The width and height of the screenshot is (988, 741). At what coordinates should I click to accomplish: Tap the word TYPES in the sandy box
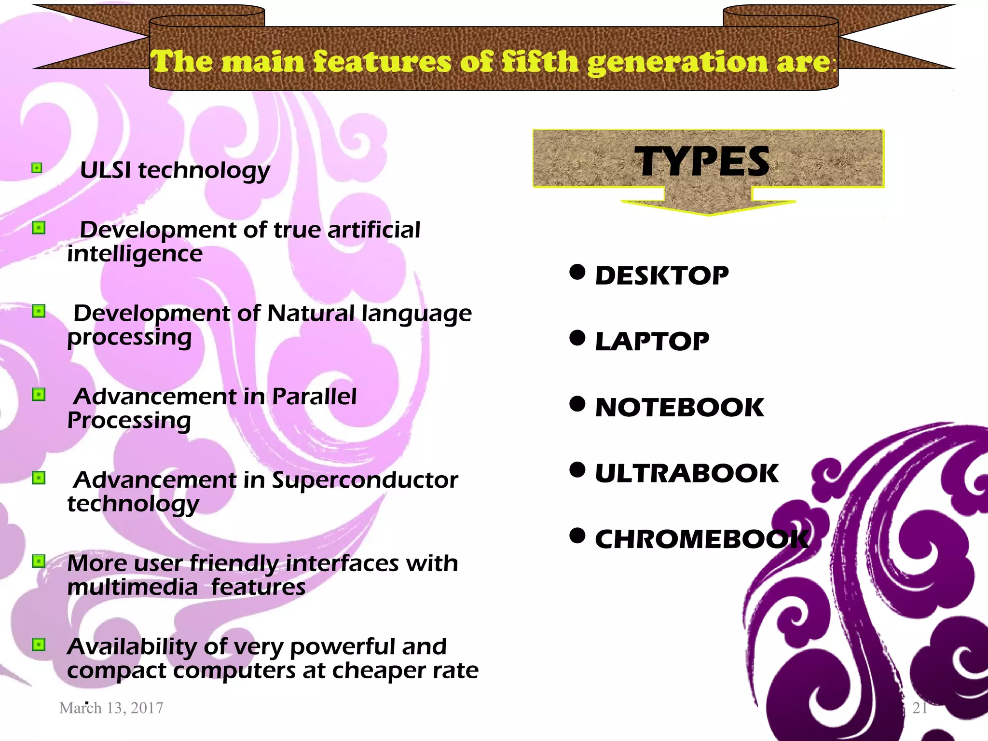point(702,162)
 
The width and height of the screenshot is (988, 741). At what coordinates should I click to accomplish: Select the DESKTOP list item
point(662,276)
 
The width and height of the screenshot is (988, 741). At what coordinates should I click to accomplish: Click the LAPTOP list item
point(652,342)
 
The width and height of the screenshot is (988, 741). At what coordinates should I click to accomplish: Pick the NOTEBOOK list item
point(679,408)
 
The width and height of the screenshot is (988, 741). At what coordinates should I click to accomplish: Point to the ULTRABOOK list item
point(686,473)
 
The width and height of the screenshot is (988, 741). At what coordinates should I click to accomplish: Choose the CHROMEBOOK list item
point(701,539)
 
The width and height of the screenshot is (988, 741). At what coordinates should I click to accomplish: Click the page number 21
point(920,708)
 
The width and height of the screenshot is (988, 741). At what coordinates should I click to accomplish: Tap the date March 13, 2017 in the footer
point(111,708)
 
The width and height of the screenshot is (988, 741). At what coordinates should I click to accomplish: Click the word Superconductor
point(365,480)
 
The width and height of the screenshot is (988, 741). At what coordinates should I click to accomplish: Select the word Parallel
point(314,397)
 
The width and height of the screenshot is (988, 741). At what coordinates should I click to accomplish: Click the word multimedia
point(133,587)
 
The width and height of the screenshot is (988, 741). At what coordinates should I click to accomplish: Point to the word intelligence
point(135,254)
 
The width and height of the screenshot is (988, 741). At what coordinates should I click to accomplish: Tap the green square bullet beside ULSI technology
point(37,168)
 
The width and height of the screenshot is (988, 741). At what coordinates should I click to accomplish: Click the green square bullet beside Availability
point(39,645)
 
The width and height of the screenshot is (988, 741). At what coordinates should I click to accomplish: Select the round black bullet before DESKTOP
point(577,272)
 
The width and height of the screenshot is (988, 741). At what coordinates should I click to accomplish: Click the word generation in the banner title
point(677,62)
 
